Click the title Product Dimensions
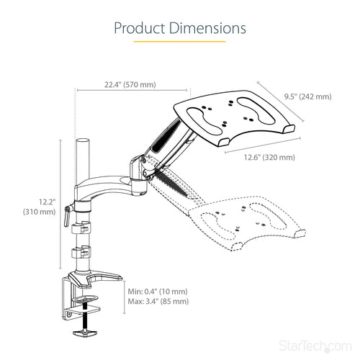tap(179, 28)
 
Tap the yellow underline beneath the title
tap(179, 42)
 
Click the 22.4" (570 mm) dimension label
tap(130, 85)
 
